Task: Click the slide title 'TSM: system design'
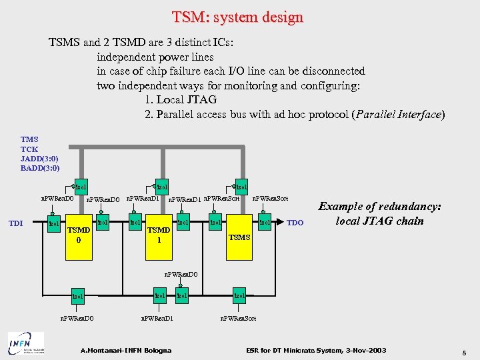click(237, 17)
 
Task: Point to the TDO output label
click(295, 223)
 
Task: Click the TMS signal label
click(29, 140)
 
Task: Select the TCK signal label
click(29, 149)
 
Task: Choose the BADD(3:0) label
click(40, 168)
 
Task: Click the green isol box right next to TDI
click(55, 223)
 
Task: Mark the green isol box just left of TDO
click(265, 223)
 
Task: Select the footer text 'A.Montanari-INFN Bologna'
click(125, 350)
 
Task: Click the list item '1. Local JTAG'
click(180, 99)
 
